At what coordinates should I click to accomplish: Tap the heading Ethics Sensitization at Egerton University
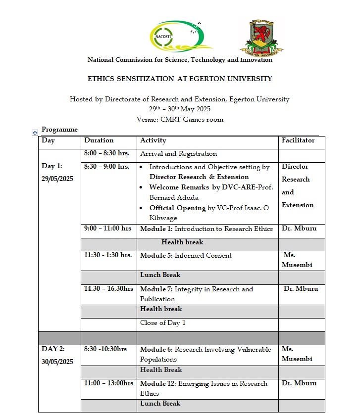point(180,79)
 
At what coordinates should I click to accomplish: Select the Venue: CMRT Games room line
point(180,119)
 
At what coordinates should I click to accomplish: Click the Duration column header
point(99,141)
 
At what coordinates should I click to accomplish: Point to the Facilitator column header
point(298,141)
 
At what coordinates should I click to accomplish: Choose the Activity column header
point(154,141)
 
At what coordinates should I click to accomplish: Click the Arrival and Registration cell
point(179,154)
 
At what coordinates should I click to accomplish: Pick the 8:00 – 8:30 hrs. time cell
point(107,154)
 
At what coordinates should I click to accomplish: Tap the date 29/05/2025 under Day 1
point(57,179)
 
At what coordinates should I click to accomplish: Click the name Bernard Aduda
point(173,197)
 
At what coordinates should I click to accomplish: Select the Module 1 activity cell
point(206,229)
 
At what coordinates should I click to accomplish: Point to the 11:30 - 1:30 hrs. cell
point(108,255)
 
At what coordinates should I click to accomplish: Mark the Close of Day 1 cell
point(163,323)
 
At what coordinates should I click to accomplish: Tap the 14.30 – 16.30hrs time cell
point(108,289)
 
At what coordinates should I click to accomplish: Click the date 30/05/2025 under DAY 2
point(57,362)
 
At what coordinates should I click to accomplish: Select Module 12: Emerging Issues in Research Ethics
point(204,388)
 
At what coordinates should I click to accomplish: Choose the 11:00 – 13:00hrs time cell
point(108,383)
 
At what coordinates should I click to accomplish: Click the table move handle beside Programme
point(35,133)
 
